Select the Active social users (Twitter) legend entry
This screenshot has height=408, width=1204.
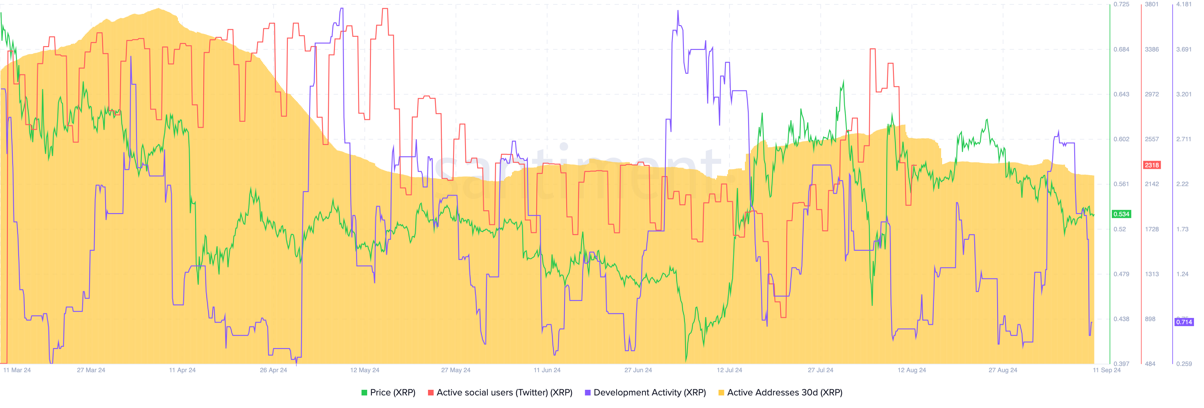pyautogui.click(x=500, y=393)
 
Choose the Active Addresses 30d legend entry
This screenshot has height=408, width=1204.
pyautogui.click(x=780, y=393)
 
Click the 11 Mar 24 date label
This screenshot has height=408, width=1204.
pyautogui.click(x=17, y=370)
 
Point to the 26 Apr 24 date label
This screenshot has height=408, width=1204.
pyautogui.click(x=273, y=370)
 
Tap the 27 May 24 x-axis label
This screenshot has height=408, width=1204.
pyautogui.click(x=456, y=370)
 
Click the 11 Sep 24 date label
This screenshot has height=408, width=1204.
pyautogui.click(x=1106, y=370)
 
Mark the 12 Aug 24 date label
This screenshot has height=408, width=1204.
pyautogui.click(x=911, y=370)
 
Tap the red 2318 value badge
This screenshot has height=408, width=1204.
pyautogui.click(x=1152, y=165)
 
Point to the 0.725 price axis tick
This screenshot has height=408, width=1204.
pyautogui.click(x=1121, y=4)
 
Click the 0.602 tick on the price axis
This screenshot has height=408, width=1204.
pyautogui.click(x=1121, y=139)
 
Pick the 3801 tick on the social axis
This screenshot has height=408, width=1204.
pyautogui.click(x=1152, y=4)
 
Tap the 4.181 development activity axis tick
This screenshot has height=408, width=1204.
pyautogui.click(x=1184, y=4)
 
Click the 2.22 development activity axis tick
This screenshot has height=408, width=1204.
pyautogui.click(x=1182, y=184)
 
